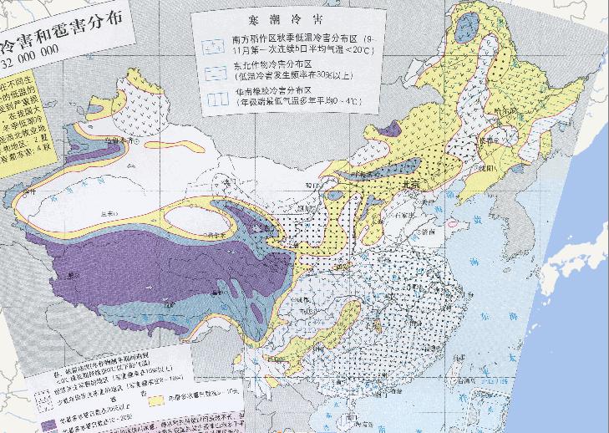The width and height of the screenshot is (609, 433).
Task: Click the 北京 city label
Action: coord(411,186)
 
